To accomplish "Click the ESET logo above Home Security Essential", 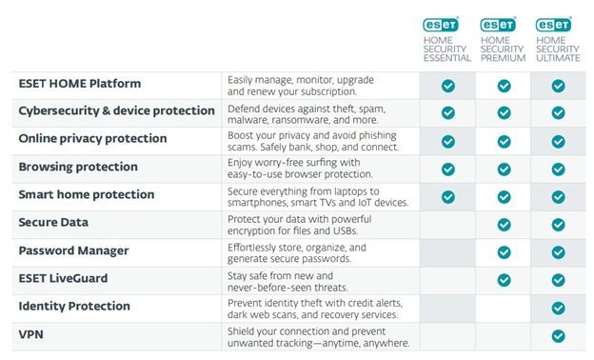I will point(442,24).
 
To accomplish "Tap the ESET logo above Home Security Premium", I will point(498,24).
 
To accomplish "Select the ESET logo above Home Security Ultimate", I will point(554,24).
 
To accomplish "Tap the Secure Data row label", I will point(53,223).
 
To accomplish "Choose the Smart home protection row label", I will point(86,194).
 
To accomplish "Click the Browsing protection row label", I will point(78,167).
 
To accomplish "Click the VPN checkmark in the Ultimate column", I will point(559,336).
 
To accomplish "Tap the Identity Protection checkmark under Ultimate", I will point(559,308).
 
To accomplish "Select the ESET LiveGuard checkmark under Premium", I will point(504,280).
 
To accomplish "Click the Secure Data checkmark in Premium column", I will point(504,224).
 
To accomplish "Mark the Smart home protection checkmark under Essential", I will point(447,196).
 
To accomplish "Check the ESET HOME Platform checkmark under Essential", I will point(447,86).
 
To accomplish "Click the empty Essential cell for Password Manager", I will point(447,251).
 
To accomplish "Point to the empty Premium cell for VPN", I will point(504,336).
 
